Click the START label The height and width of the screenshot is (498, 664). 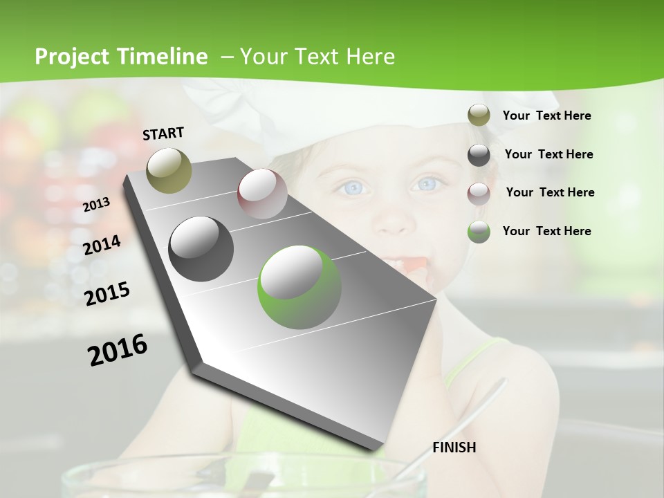point(163,133)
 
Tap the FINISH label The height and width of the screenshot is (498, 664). point(454,448)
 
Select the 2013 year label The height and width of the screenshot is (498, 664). point(96,204)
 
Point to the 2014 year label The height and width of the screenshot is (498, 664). point(102,245)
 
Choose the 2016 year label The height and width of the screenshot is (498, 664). point(118,349)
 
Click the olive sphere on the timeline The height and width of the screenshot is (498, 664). point(169,170)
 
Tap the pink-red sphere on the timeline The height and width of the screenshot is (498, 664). point(262,194)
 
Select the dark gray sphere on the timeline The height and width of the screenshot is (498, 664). point(201,248)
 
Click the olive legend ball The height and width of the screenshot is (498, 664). point(479,116)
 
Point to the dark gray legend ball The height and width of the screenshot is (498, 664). point(479,155)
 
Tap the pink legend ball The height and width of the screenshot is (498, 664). point(479,193)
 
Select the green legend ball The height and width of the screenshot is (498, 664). point(479,232)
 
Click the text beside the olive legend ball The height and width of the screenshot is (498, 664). point(546,116)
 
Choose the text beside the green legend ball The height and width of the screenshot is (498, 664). point(546,231)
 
